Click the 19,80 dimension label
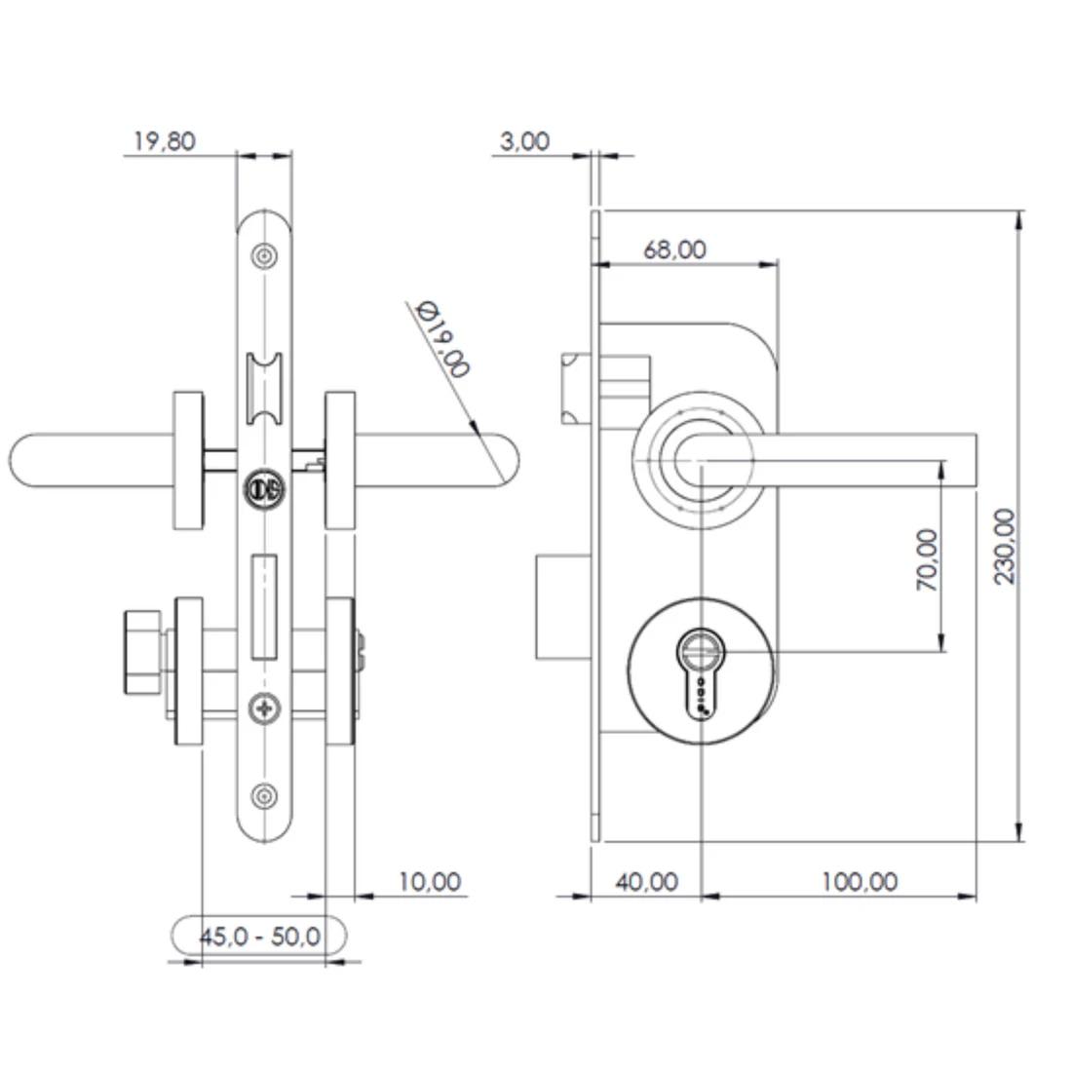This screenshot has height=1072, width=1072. [x=164, y=141]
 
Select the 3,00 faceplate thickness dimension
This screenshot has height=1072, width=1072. [x=524, y=141]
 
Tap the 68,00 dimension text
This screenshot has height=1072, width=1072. [x=674, y=249]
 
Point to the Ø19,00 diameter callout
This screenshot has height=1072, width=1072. [x=442, y=338]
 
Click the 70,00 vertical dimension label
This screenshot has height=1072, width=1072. [x=927, y=559]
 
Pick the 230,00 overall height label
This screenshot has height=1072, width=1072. [x=1005, y=547]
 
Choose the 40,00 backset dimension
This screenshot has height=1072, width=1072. [x=647, y=882]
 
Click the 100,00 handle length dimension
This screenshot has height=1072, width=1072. [x=860, y=882]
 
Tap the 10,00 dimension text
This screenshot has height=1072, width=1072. [x=430, y=882]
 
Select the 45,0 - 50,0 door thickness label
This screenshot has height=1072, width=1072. [x=260, y=936]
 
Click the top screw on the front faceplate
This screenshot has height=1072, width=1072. [x=264, y=257]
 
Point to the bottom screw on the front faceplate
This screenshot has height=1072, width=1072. [x=264, y=796]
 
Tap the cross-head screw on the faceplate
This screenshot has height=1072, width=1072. [x=264, y=708]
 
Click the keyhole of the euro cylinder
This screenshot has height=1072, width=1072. [x=700, y=672]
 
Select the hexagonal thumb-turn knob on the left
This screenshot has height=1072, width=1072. [x=142, y=652]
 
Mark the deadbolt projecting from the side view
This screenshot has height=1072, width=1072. [x=562, y=607]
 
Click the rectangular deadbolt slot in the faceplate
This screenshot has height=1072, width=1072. [x=264, y=607]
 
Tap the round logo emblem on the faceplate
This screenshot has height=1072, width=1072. [x=264, y=488]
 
